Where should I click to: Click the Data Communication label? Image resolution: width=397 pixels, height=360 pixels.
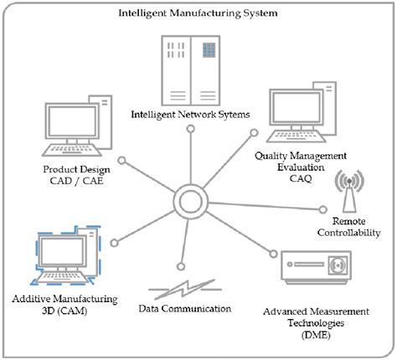tap(184, 308)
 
